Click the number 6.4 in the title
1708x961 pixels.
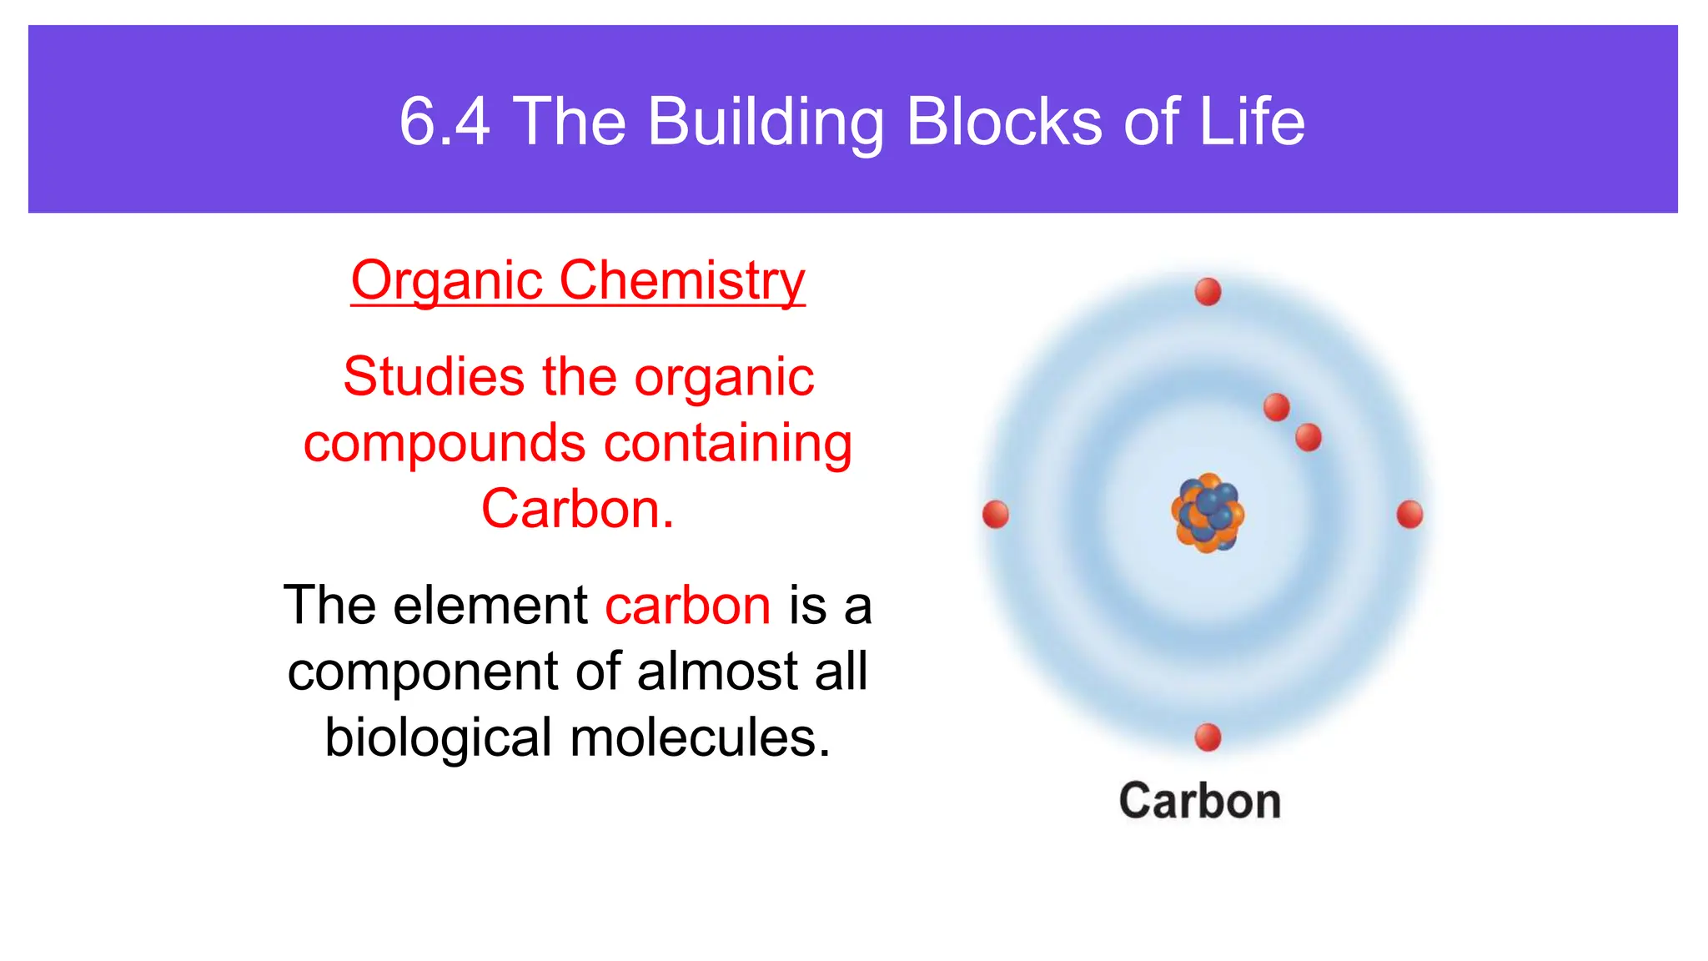pos(445,122)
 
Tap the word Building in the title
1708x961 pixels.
pos(765,122)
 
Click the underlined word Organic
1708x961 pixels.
pos(447,281)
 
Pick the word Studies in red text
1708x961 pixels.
pos(434,377)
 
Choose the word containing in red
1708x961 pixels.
pos(727,443)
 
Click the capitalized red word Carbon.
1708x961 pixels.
pos(577,509)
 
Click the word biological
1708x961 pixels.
pos(439,737)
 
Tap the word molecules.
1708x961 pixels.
pos(701,737)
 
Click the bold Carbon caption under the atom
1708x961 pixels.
pos(1199,802)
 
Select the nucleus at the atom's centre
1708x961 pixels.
pos(1208,514)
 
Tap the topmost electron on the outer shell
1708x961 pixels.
pos(1208,292)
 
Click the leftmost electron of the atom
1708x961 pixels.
pos(996,514)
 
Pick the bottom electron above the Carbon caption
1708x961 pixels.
pos(1208,737)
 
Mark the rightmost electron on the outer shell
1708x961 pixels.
pos(1409,514)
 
